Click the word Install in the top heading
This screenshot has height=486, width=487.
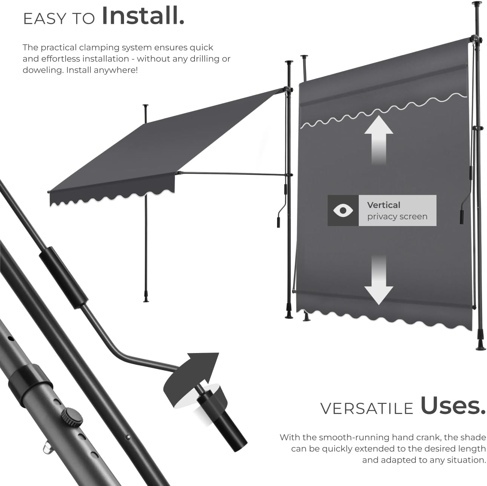143,16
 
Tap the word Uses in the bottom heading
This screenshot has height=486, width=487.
452,406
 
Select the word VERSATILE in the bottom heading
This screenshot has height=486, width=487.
367,409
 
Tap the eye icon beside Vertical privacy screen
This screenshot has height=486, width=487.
343,210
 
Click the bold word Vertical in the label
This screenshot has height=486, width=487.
383,205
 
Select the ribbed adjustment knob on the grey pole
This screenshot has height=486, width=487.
72,416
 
